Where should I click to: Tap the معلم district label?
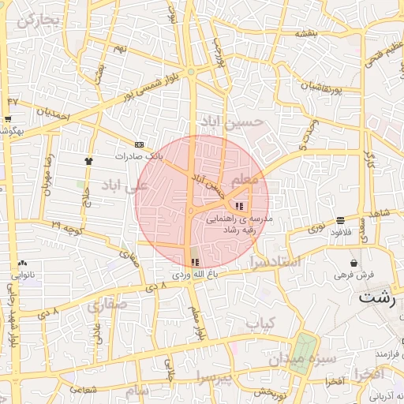click(x=246, y=180)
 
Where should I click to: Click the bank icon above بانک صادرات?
click(x=140, y=144)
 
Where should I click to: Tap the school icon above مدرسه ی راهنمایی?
click(x=240, y=207)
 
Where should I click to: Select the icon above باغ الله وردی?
click(x=195, y=263)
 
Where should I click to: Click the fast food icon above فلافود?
click(x=340, y=220)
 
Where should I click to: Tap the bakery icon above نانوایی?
click(x=21, y=263)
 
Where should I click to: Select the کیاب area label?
click(x=260, y=323)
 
